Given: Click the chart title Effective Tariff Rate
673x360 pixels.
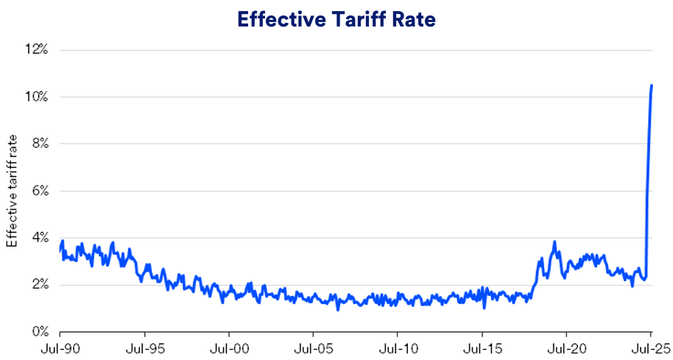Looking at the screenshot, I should [336, 20].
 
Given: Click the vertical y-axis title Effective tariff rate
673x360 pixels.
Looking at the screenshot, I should [12, 191].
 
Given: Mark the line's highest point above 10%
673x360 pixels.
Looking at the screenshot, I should [652, 85].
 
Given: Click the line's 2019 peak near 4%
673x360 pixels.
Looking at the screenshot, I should [554, 241].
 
